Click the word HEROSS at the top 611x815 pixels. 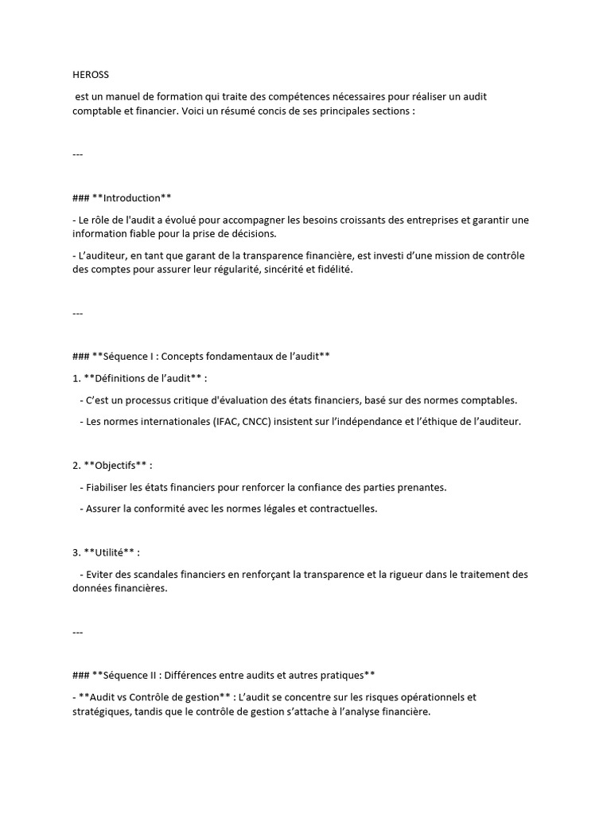[91, 75]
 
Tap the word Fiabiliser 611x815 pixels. [113, 487]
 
